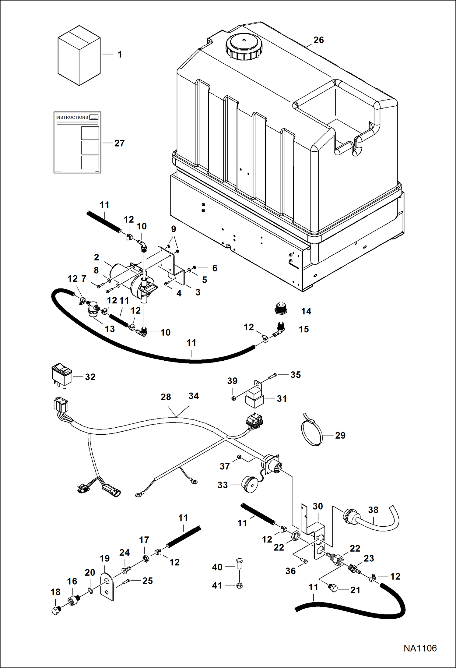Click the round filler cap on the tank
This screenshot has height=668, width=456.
click(x=243, y=46)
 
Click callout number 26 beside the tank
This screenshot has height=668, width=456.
click(x=318, y=40)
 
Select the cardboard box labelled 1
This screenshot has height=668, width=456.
click(x=79, y=55)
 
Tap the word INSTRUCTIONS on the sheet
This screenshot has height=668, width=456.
click(x=72, y=117)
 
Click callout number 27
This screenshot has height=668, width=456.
click(x=119, y=143)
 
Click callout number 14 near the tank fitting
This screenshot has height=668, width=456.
click(x=306, y=311)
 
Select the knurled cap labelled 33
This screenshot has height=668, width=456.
click(x=249, y=484)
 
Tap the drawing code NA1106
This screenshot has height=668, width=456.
click(x=420, y=648)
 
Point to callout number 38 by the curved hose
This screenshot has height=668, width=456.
click(x=373, y=510)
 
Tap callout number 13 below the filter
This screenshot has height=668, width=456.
click(x=110, y=329)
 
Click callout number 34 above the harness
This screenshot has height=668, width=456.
click(x=194, y=396)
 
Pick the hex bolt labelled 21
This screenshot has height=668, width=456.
click(x=333, y=588)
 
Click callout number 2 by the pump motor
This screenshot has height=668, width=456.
click(x=96, y=257)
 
